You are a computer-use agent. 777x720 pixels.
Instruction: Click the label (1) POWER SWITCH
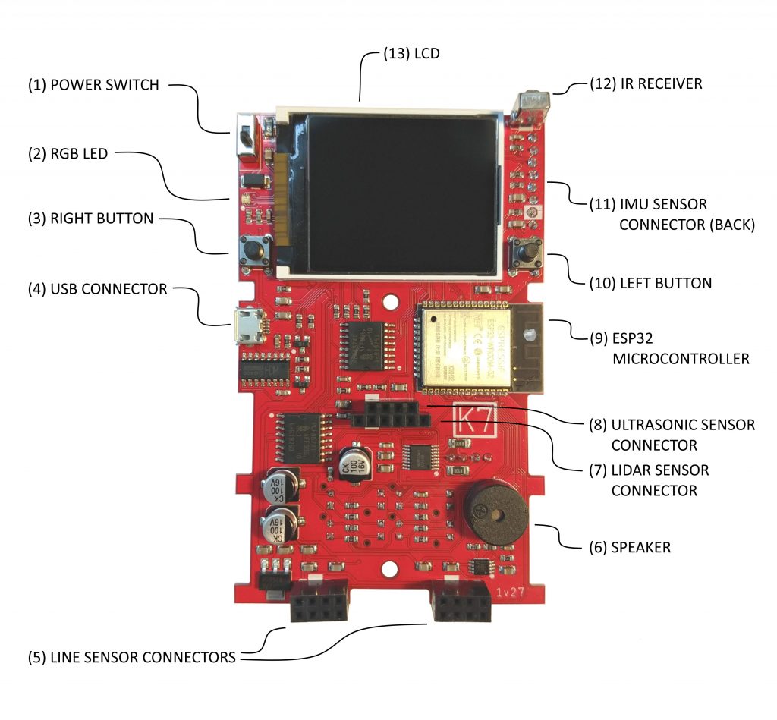coord(93,85)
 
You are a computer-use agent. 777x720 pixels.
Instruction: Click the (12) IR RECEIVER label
coord(646,83)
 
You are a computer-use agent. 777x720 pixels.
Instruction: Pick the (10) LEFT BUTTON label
coord(650,283)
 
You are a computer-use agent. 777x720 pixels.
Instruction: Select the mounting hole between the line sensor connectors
coord(390,566)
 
